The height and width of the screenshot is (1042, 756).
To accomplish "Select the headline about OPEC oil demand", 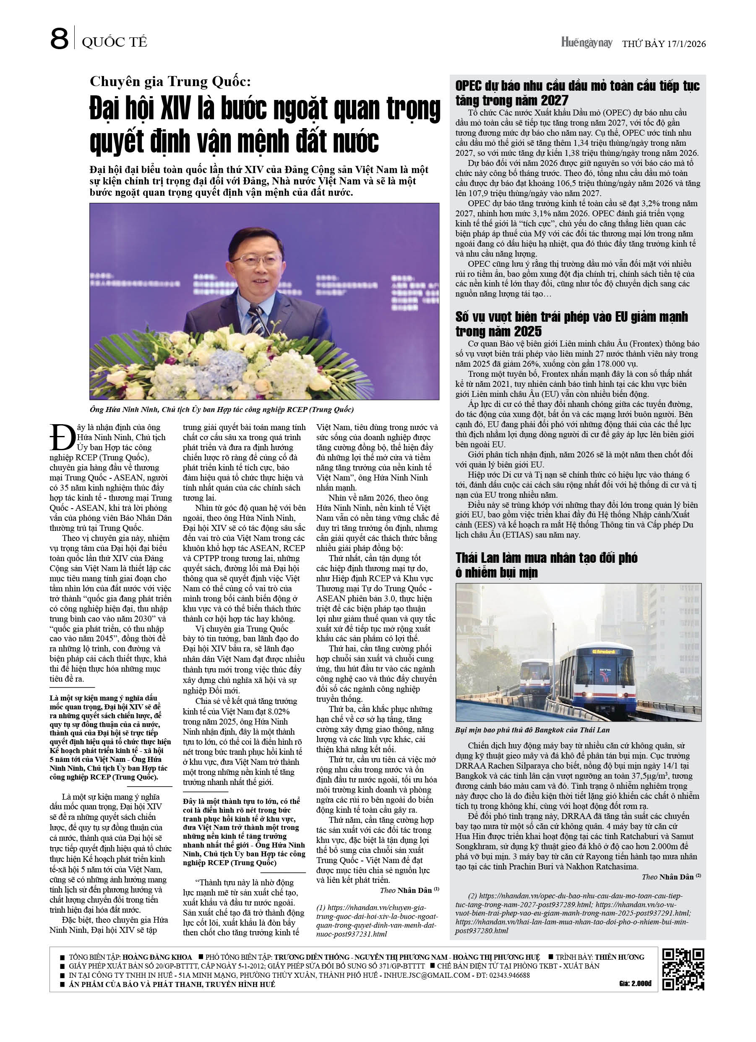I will pyautogui.click(x=577, y=93).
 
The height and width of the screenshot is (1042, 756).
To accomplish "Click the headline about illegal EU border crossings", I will pyautogui.click(x=571, y=324).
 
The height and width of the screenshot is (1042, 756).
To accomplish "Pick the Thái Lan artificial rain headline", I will pyautogui.click(x=546, y=565).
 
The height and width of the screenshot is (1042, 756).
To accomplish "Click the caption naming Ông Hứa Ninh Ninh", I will pyautogui.click(x=222, y=410).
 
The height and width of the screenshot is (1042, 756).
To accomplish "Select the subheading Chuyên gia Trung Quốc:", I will pyautogui.click(x=170, y=81).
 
